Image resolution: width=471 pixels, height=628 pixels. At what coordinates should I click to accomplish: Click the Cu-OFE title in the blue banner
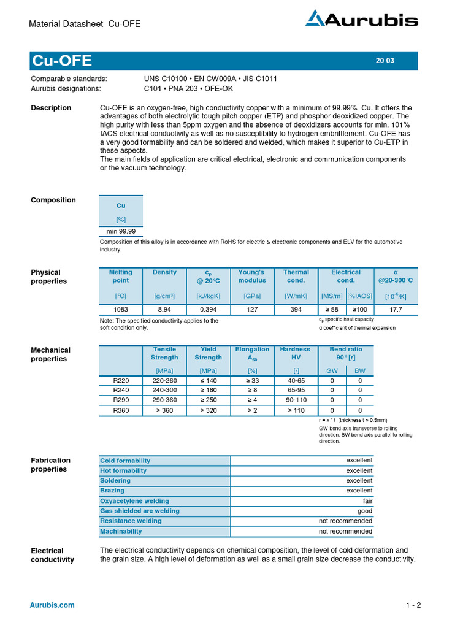pyautogui.click(x=62, y=61)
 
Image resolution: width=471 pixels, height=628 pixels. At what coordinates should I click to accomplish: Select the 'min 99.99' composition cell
pyautogui.click(x=121, y=231)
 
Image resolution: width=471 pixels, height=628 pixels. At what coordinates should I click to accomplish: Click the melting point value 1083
pyautogui.click(x=121, y=310)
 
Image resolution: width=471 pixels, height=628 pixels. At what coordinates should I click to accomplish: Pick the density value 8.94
pyautogui.click(x=164, y=310)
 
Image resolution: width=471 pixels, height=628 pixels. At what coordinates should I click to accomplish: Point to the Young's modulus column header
pyautogui.click(x=252, y=276)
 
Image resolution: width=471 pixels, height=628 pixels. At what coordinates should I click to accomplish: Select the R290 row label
pyautogui.click(x=121, y=400)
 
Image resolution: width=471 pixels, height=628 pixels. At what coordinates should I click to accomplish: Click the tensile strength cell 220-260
pyautogui.click(x=164, y=380)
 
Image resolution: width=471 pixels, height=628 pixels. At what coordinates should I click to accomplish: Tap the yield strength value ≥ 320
pyautogui.click(x=208, y=410)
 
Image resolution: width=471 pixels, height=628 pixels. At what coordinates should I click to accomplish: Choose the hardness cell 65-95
pyautogui.click(x=296, y=390)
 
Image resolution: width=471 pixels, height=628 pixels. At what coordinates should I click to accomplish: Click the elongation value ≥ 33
pyautogui.click(x=252, y=380)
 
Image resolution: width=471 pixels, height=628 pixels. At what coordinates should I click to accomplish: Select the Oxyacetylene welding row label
pyautogui.click(x=134, y=501)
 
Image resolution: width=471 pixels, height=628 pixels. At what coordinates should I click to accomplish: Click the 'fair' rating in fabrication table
pyautogui.click(x=367, y=501)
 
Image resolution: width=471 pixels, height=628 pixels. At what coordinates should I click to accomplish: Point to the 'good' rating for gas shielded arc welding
pyautogui.click(x=365, y=511)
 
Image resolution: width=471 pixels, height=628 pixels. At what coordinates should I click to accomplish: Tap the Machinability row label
pyautogui.click(x=121, y=531)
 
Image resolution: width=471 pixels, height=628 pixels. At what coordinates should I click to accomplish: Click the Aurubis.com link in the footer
pyautogui.click(x=52, y=605)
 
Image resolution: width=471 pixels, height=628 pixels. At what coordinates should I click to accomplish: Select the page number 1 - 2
pyautogui.click(x=413, y=605)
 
